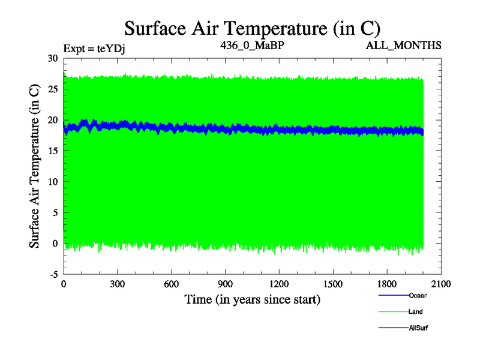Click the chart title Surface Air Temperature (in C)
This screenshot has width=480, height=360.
[252, 28]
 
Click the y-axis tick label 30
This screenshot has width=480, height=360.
[53, 58]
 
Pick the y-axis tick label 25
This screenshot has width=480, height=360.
[53, 89]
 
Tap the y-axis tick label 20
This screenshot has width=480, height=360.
[53, 120]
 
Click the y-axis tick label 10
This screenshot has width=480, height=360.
[53, 182]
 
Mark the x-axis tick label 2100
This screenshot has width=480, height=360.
[440, 284]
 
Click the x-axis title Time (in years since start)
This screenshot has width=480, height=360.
[252, 299]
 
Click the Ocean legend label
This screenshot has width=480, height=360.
[418, 295]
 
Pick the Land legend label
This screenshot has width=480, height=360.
[416, 311]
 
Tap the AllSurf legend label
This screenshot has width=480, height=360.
[418, 328]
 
